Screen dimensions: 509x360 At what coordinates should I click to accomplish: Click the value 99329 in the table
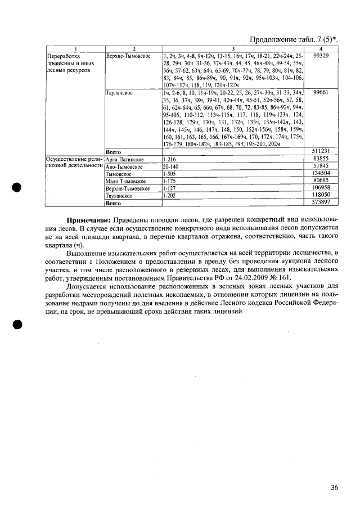[x=321, y=57]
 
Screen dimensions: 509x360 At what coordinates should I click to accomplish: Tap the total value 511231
[x=321, y=151]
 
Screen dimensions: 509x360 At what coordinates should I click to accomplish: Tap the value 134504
[x=321, y=173]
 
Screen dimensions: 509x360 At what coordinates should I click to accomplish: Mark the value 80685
[x=321, y=181]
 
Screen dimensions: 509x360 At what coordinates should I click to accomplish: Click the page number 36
[x=334, y=488]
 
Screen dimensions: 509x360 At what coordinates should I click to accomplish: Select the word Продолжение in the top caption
[x=271, y=39]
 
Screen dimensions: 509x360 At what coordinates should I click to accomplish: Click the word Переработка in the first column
[x=63, y=57]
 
